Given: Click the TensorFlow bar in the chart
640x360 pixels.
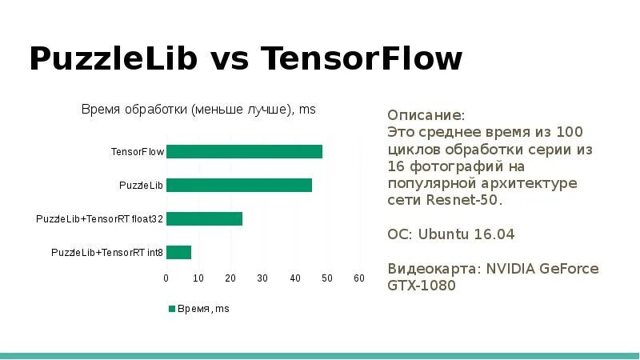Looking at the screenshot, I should [244, 152].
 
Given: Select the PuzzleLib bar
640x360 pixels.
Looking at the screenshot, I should [238, 186].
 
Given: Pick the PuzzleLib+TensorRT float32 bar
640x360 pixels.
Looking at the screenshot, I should [204, 219].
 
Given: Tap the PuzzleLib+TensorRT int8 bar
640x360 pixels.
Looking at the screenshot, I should [178, 253].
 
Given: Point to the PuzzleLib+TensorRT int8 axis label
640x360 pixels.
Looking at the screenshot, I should [107, 253].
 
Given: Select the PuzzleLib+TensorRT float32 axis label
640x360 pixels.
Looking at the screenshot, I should [99, 219].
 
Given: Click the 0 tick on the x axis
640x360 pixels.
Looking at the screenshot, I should [166, 278].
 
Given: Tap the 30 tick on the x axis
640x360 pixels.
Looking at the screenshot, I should [262, 278].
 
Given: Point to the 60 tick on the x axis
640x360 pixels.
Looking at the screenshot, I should [359, 278].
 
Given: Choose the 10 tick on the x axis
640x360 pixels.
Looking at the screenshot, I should [198, 278].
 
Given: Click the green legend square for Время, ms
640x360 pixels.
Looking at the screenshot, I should [171, 308].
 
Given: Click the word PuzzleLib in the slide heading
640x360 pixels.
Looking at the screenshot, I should [112, 59].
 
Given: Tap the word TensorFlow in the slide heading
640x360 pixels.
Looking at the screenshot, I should [362, 59].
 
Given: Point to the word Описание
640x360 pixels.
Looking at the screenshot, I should [425, 114].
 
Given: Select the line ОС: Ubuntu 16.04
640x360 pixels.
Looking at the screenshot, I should [450, 234].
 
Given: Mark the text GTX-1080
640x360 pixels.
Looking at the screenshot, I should [422, 286].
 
